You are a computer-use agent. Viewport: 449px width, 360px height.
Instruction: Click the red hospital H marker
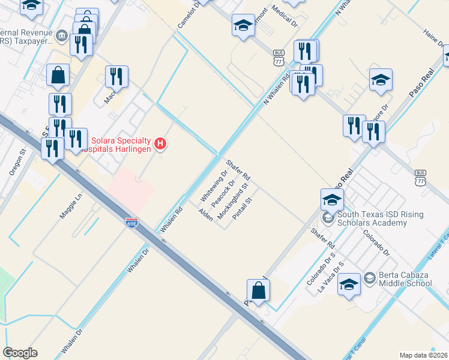coord(160,143)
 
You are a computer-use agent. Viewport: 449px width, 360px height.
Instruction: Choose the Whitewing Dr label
coord(212,186)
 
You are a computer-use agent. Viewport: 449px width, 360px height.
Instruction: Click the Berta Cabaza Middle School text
coord(405,280)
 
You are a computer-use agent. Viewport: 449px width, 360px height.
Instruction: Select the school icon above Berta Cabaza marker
coord(349,284)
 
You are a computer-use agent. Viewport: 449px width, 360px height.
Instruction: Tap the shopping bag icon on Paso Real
coord(258,290)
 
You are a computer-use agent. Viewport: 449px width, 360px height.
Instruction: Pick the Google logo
coord(20,353)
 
